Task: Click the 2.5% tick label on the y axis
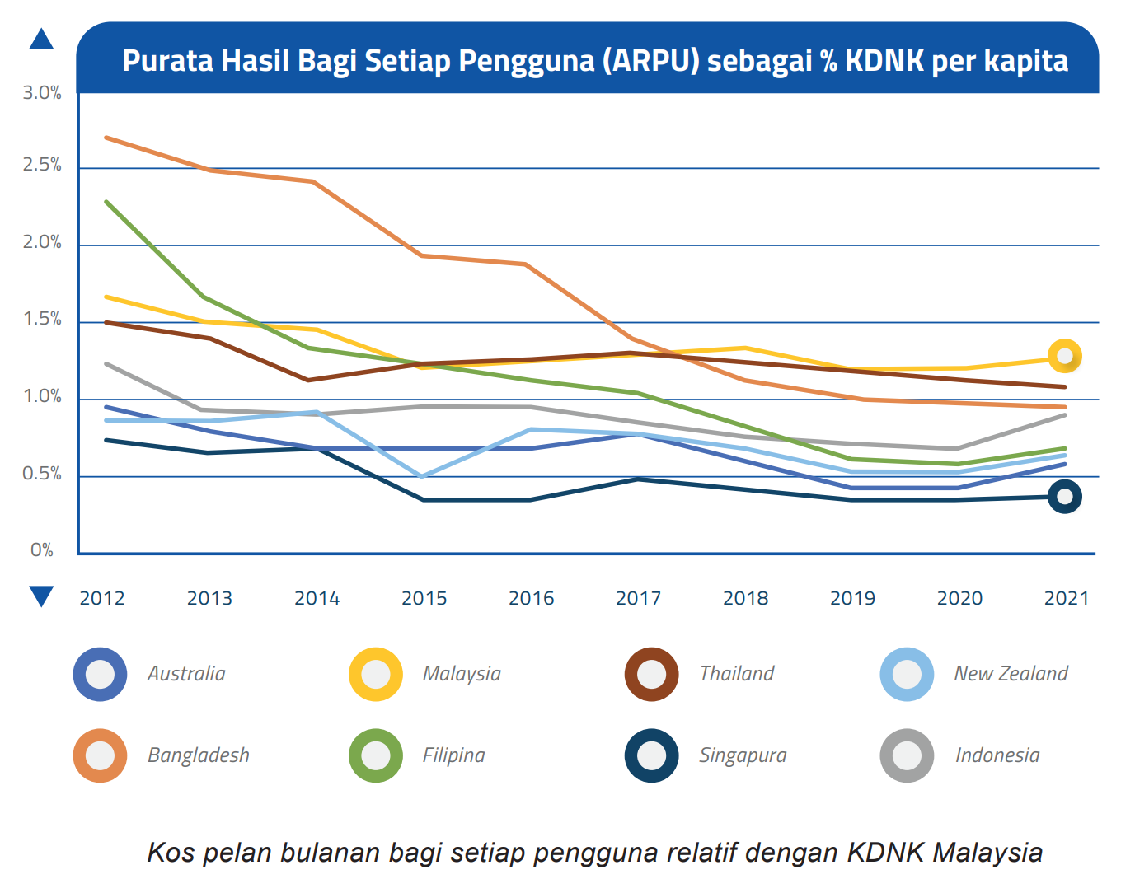42,166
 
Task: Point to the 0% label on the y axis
42,550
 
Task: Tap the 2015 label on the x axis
424,599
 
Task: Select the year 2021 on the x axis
1067,599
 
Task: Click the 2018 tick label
745,599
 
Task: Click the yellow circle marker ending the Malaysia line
1065,357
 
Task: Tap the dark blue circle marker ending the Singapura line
1065,497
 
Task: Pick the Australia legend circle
100,675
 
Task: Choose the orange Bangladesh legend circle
100,755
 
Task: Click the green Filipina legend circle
376,755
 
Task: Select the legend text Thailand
737,674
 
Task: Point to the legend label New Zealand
1011,674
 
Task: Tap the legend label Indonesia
997,755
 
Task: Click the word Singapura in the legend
743,755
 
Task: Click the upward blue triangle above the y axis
41,40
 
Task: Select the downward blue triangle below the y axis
41,596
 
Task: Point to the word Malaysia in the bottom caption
987,853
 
